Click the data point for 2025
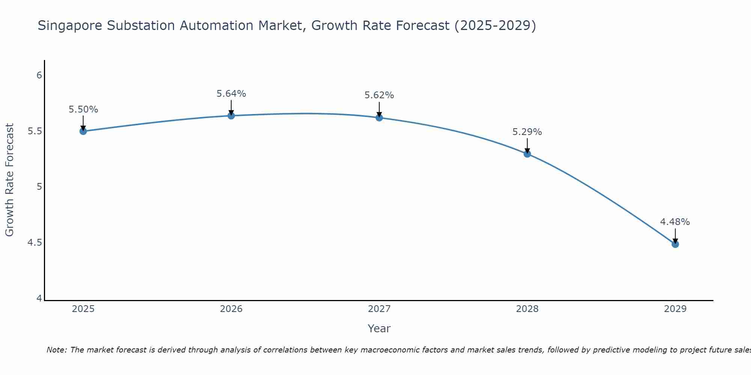click(x=83, y=131)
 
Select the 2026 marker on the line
click(x=231, y=115)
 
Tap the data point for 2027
click(x=379, y=118)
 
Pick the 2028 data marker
click(x=527, y=154)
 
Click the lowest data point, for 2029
click(x=675, y=244)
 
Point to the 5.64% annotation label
click(x=231, y=94)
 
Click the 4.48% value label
click(x=675, y=222)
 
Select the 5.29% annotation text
click(x=527, y=132)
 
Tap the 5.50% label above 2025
click(x=83, y=109)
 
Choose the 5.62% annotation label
click(x=379, y=95)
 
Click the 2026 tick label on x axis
click(x=231, y=309)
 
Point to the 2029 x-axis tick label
click(x=675, y=309)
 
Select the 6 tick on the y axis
click(x=39, y=75)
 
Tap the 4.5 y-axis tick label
click(x=35, y=243)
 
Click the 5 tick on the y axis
click(x=39, y=187)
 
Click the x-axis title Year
click(x=379, y=328)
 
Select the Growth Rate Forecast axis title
click(x=10, y=180)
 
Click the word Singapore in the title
click(x=70, y=26)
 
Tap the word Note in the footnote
click(x=56, y=350)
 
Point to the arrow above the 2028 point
click(x=527, y=145)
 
